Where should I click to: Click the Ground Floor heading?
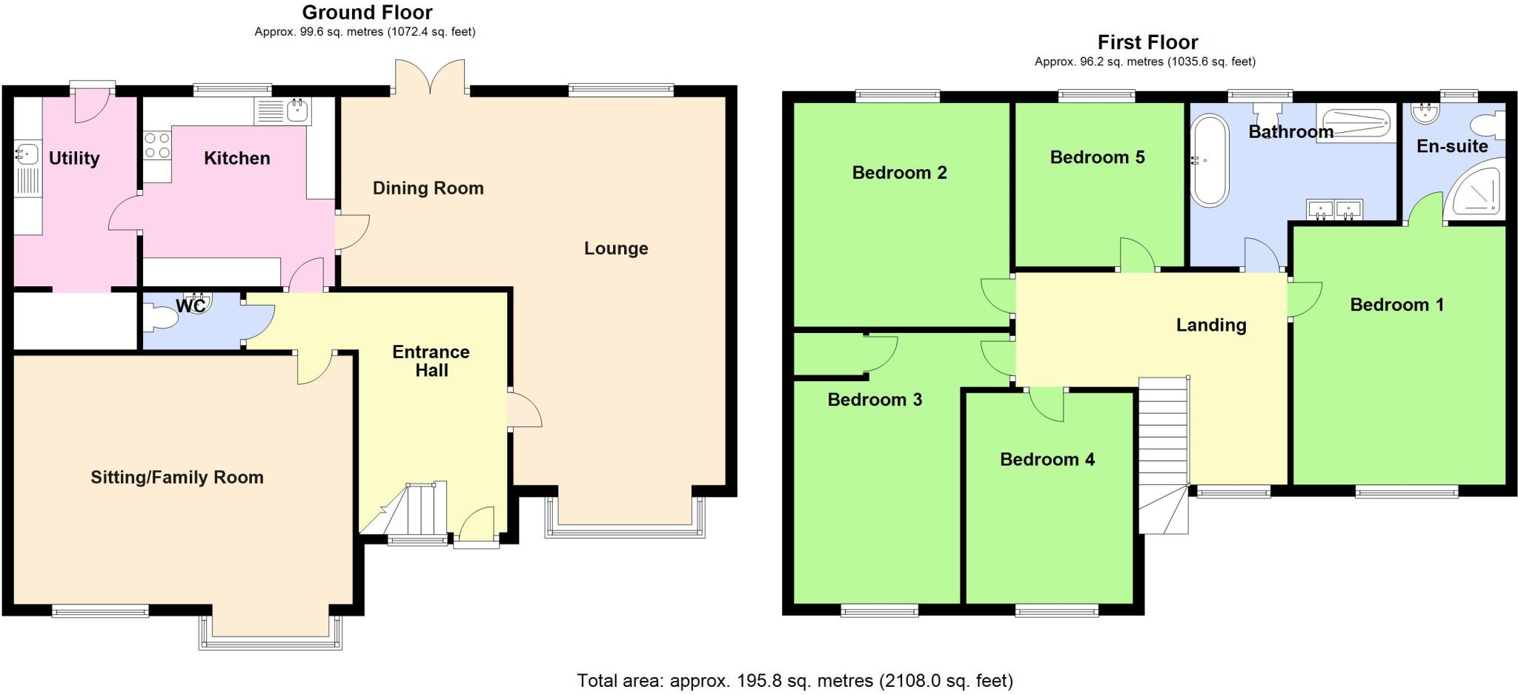point(367,13)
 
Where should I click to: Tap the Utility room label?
point(74,158)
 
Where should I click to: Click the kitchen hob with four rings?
point(156,145)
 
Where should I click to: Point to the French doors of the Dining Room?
point(430,78)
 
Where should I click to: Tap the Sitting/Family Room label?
point(177,477)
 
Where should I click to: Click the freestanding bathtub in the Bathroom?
point(1209,160)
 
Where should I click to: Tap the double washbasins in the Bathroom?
point(1334,210)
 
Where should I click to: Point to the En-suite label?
point(1451,146)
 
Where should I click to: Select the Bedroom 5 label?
point(1097,157)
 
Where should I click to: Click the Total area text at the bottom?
point(794,680)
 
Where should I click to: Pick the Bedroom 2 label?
point(899,173)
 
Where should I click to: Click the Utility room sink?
point(27,155)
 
